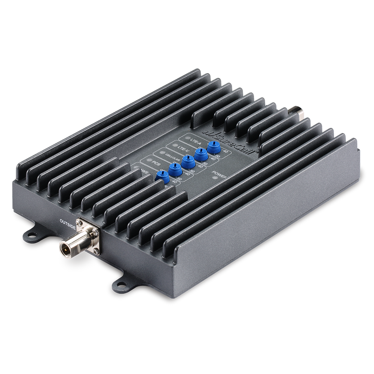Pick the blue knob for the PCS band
174,169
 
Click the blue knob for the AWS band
162,179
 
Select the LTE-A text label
194,140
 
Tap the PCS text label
156,163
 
